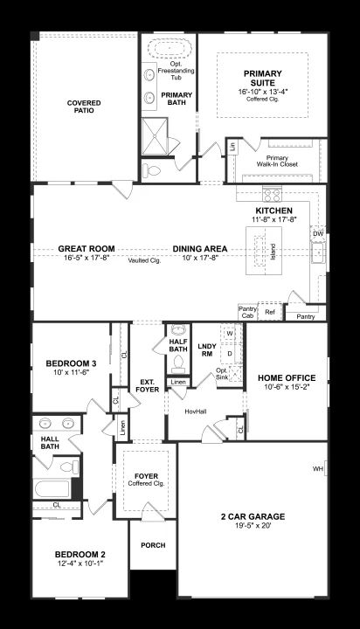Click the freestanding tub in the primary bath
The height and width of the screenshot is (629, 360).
tap(170, 49)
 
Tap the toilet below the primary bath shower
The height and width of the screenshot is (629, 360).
tap(152, 171)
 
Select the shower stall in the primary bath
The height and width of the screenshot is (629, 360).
tap(155, 136)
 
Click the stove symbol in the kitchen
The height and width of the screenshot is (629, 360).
tap(272, 195)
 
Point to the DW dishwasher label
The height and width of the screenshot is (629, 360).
tap(318, 233)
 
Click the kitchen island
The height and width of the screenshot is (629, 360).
tap(264, 251)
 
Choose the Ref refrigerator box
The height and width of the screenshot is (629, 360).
tap(270, 311)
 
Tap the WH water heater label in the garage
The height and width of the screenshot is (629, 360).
tap(319, 468)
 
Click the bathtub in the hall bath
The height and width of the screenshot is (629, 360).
tap(52, 488)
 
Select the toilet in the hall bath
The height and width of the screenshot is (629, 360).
tap(71, 467)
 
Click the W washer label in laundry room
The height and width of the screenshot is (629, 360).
tap(230, 333)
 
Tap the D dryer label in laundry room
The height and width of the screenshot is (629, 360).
tap(230, 354)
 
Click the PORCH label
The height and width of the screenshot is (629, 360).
tap(153, 545)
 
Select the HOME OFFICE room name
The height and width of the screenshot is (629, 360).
tap(287, 378)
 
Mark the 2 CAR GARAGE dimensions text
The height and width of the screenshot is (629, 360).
tap(253, 525)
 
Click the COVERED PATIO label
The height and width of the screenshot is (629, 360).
tap(84, 107)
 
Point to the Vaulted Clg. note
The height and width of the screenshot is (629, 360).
tap(144, 260)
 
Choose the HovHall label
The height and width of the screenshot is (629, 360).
tap(196, 411)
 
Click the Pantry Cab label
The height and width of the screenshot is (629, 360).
tap(247, 313)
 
